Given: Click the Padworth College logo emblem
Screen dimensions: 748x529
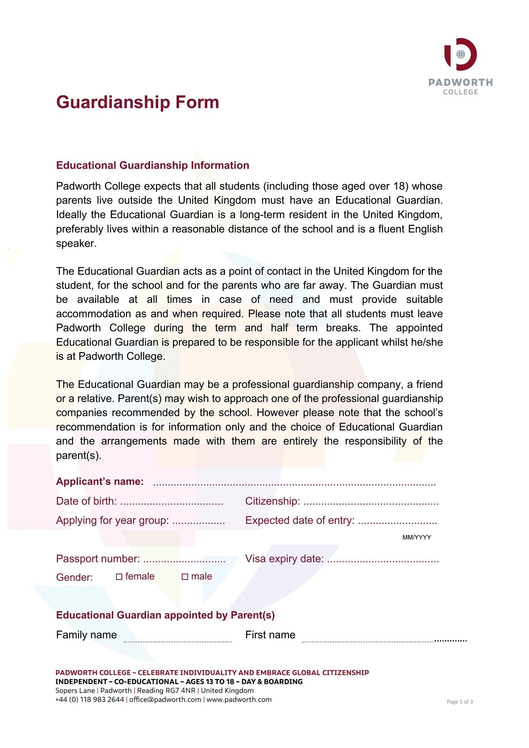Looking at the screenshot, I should [460, 54].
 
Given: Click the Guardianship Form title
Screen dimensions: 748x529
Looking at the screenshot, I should [138, 102].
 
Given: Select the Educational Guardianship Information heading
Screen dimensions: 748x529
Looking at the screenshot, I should [153, 166].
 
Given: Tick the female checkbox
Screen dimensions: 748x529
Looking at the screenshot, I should [119, 577].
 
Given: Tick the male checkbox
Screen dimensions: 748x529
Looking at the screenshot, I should [185, 577].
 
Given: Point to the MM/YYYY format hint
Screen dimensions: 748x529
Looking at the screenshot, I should [417, 538].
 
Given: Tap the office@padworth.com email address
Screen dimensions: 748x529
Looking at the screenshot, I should [165, 699].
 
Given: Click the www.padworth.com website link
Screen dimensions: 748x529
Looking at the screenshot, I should [239, 699].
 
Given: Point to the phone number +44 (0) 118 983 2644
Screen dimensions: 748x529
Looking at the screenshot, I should [90, 699].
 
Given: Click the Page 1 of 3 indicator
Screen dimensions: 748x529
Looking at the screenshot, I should [460, 702].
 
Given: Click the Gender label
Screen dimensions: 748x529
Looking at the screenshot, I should [74, 578].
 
